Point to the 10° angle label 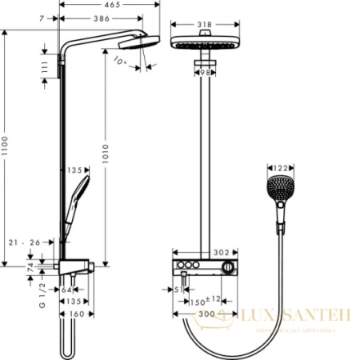(121, 60)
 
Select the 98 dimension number (206, 73)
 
